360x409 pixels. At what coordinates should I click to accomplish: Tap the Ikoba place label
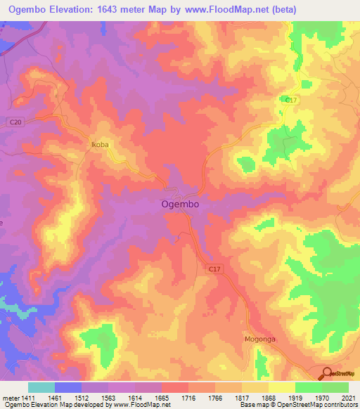100,145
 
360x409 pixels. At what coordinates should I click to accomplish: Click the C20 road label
16,122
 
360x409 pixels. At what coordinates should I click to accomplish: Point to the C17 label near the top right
290,100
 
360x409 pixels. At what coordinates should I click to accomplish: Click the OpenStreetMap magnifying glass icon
327,373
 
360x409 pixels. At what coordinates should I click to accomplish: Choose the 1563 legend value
100,398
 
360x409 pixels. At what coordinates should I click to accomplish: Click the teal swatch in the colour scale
41,387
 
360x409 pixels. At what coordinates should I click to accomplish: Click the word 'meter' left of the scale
10,398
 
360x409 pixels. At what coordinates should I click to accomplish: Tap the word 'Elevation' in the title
74,9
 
